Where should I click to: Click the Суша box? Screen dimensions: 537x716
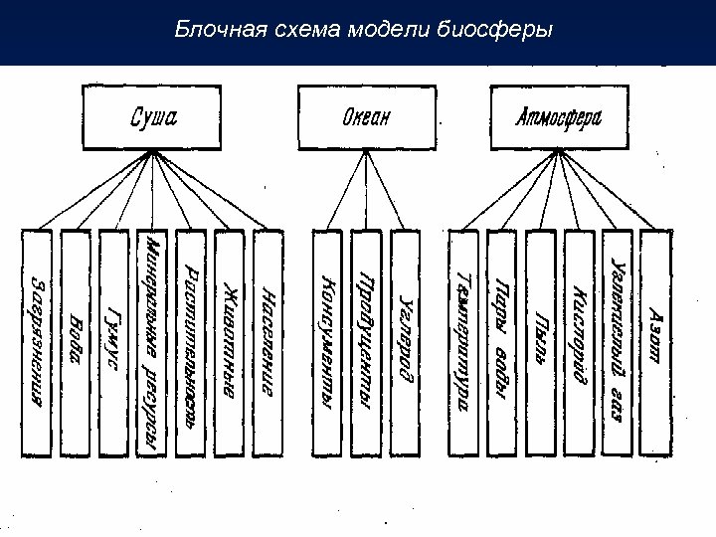pyautogui.click(x=154, y=117)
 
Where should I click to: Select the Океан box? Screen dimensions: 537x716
pyautogui.click(x=367, y=117)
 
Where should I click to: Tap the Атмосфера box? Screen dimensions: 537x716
pyautogui.click(x=559, y=117)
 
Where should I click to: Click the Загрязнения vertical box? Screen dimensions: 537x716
pyautogui.click(x=37, y=343)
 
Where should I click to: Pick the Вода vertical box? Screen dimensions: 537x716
pyautogui.click(x=76, y=343)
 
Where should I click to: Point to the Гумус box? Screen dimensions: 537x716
pyautogui.click(x=113, y=343)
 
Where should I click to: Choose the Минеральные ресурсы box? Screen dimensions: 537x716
pyautogui.click(x=151, y=343)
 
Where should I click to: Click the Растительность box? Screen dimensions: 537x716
pyautogui.click(x=191, y=343)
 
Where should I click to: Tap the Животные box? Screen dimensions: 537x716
pyautogui.click(x=229, y=343)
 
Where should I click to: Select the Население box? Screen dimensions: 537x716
pyautogui.click(x=268, y=343)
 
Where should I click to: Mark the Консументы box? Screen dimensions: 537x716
pyautogui.click(x=327, y=343)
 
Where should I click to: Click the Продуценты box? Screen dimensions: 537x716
pyautogui.click(x=365, y=343)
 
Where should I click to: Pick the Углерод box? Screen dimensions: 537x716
pyautogui.click(x=405, y=343)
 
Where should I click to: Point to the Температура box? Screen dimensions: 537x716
pyautogui.click(x=463, y=343)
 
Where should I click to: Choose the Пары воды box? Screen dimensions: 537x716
pyautogui.click(x=501, y=343)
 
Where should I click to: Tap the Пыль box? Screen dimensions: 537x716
pyautogui.click(x=540, y=343)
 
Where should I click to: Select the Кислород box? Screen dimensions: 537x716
pyautogui.click(x=579, y=343)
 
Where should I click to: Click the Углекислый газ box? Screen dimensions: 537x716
pyautogui.click(x=617, y=343)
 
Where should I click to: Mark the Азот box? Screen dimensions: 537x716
pyautogui.click(x=654, y=343)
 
